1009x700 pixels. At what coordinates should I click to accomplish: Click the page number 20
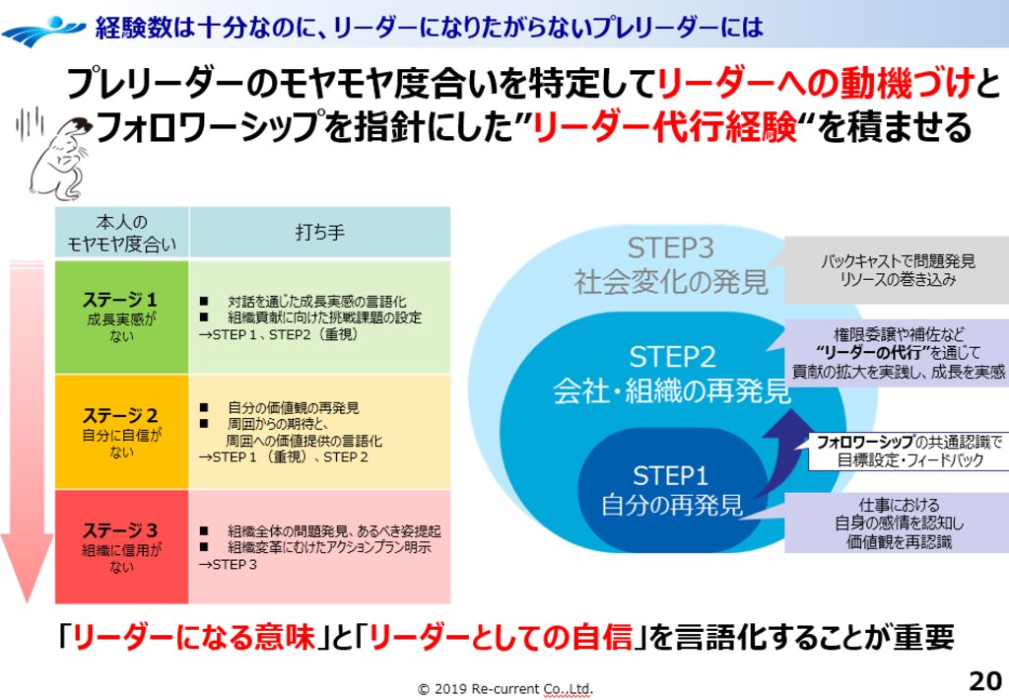(984, 681)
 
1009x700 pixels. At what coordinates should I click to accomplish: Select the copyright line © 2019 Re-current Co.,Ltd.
(505, 688)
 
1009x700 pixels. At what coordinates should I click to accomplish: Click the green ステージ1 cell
(121, 316)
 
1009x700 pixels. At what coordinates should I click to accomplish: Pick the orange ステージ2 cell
(121, 432)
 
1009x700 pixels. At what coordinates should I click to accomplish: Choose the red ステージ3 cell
(121, 546)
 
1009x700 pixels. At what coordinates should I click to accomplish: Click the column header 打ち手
(319, 233)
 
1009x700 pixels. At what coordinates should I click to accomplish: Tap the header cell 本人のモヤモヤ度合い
(121, 233)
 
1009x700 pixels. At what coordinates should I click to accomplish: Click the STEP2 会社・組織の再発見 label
(671, 375)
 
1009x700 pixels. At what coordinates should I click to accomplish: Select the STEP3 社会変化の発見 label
(671, 265)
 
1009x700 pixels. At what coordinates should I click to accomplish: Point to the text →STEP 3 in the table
(229, 565)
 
